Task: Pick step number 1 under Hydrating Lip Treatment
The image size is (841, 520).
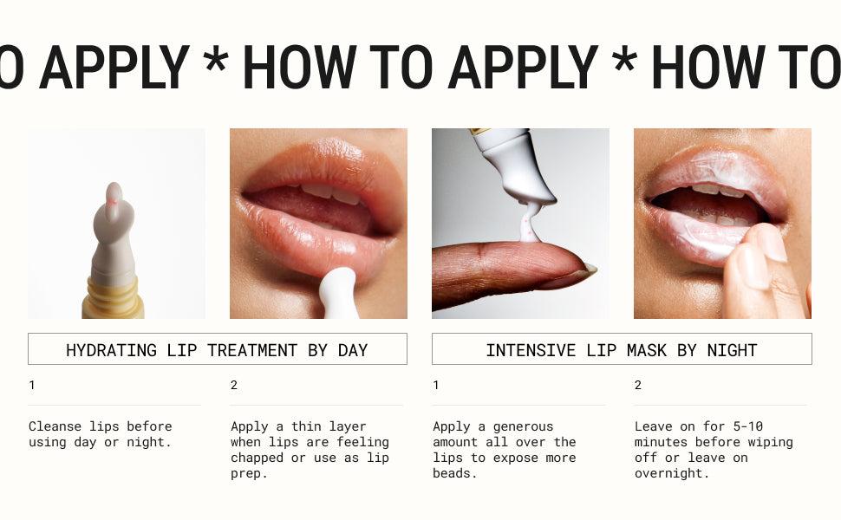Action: pyautogui.click(x=32, y=386)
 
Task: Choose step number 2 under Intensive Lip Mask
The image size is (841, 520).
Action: pyautogui.click(x=637, y=386)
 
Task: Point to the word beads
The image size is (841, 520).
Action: pyautogui.click(x=455, y=473)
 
